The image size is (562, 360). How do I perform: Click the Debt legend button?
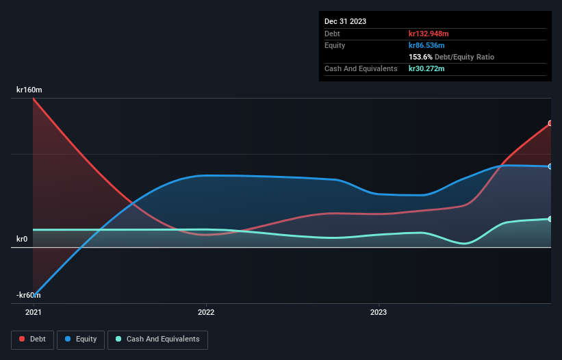pos(33,339)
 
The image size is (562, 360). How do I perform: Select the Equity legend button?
pos(81,339)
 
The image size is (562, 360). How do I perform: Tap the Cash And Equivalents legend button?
pos(157,339)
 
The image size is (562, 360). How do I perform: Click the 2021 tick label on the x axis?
pos(33,312)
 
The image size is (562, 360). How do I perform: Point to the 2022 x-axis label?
pos(206,312)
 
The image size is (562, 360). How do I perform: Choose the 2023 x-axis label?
pos(379,312)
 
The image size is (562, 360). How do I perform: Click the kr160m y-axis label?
pos(30,90)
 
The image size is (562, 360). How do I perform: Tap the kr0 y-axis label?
pos(22,239)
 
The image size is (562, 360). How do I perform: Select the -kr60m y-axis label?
pos(29,295)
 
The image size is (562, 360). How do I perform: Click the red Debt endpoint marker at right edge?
pos(550,124)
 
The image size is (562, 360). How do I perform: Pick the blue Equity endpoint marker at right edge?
pos(550,166)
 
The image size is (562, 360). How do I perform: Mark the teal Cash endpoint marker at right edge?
pos(550,219)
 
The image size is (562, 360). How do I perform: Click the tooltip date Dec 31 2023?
pos(345,21)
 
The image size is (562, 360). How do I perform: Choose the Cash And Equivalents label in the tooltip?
pos(361,68)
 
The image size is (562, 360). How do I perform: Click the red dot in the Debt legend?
pos(23,339)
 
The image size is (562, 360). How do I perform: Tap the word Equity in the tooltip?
pos(335,45)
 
